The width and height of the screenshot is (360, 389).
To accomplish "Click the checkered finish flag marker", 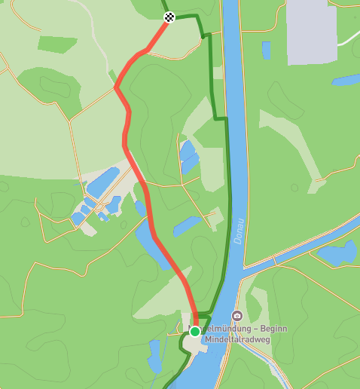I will pos(169,17).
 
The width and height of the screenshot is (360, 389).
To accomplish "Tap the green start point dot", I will pos(195,331).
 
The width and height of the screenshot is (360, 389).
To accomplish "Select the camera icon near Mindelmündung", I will pos(237,316).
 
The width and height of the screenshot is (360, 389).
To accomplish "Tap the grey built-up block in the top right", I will pos(311,30).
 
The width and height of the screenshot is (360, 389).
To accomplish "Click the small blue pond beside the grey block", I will pos(266,51).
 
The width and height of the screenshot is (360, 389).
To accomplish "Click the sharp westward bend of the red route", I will pos(116,87).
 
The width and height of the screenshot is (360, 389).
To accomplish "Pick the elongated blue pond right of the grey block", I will pos(346,79).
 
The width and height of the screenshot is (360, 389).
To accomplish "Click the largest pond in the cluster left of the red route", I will pos(102,181).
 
